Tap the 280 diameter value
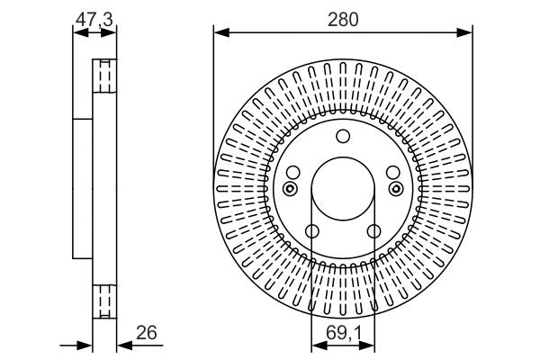[x=343, y=17]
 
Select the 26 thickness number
[x=147, y=333]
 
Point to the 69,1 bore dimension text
[x=342, y=333]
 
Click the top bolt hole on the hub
[x=342, y=137]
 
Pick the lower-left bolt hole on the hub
[x=311, y=232]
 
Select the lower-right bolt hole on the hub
[x=373, y=232]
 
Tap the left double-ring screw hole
[x=289, y=188]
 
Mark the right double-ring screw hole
[x=396, y=188]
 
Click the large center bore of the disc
[x=342, y=191]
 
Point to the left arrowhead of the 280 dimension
[x=219, y=34]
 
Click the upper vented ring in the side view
[x=105, y=76]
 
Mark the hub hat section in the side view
[x=84, y=188]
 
